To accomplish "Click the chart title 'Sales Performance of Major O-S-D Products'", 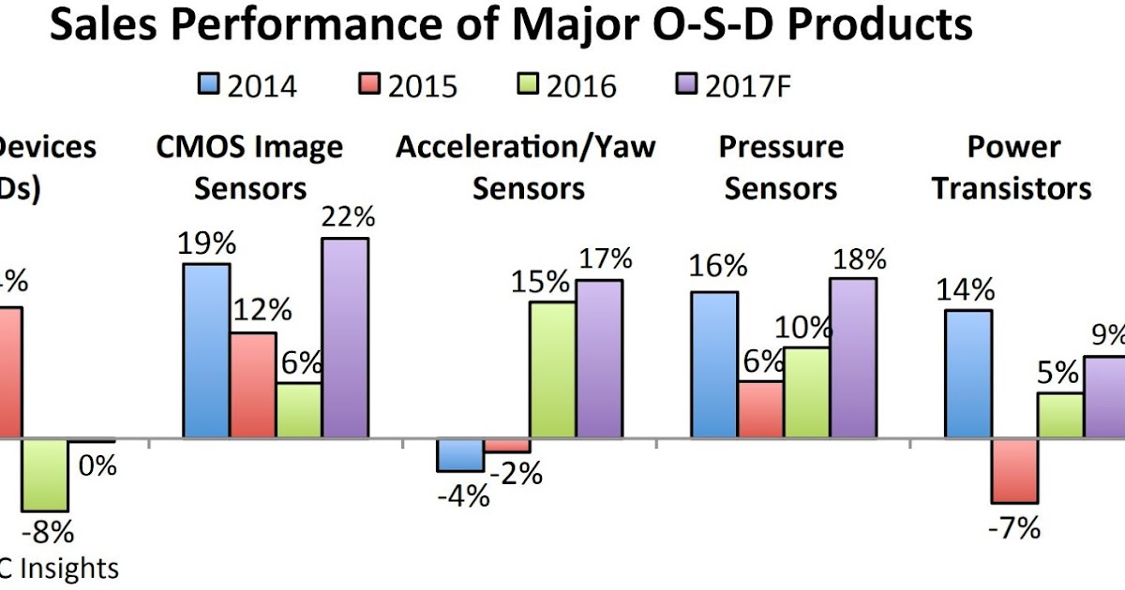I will pyautogui.click(x=511, y=26).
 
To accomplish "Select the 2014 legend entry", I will pyautogui.click(x=247, y=85).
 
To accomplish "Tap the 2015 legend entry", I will pyautogui.click(x=408, y=85).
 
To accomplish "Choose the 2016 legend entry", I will pyautogui.click(x=567, y=85).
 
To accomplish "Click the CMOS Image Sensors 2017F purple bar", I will pyautogui.click(x=345, y=337).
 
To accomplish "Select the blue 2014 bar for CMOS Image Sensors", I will pyautogui.click(x=206, y=350).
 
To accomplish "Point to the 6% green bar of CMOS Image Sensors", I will pyautogui.click(x=298, y=409).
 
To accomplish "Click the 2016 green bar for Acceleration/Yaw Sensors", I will pyautogui.click(x=553, y=369).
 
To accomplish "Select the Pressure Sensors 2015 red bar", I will pyautogui.click(x=760, y=409).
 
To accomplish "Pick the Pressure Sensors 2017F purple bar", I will pyautogui.click(x=853, y=357).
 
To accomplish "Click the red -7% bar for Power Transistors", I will pyautogui.click(x=1014, y=470).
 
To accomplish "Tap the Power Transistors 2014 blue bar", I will pyautogui.click(x=968, y=373).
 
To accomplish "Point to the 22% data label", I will pyautogui.click(x=347, y=217).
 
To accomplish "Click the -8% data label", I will pyautogui.click(x=48, y=533).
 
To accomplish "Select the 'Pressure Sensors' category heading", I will pyautogui.click(x=781, y=168).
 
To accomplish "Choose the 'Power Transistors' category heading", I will pyautogui.click(x=1012, y=168).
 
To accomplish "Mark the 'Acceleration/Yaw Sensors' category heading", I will pyautogui.click(x=526, y=168).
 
